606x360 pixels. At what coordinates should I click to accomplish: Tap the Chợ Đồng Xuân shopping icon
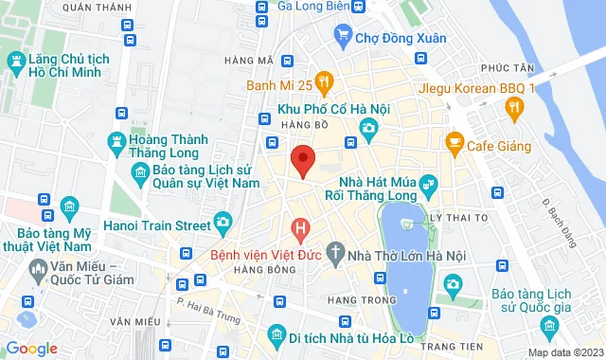pyautogui.click(x=345, y=38)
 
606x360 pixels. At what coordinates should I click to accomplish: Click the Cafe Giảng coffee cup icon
pyautogui.click(x=454, y=144)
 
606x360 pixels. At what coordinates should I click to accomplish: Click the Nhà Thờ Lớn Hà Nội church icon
pyautogui.click(x=333, y=254)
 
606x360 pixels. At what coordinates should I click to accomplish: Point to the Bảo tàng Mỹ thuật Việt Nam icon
pyautogui.click(x=68, y=207)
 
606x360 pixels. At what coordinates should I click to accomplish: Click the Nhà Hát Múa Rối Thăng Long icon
pyautogui.click(x=426, y=182)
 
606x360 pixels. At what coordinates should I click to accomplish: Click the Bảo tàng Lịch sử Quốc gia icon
pyautogui.click(x=548, y=328)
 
